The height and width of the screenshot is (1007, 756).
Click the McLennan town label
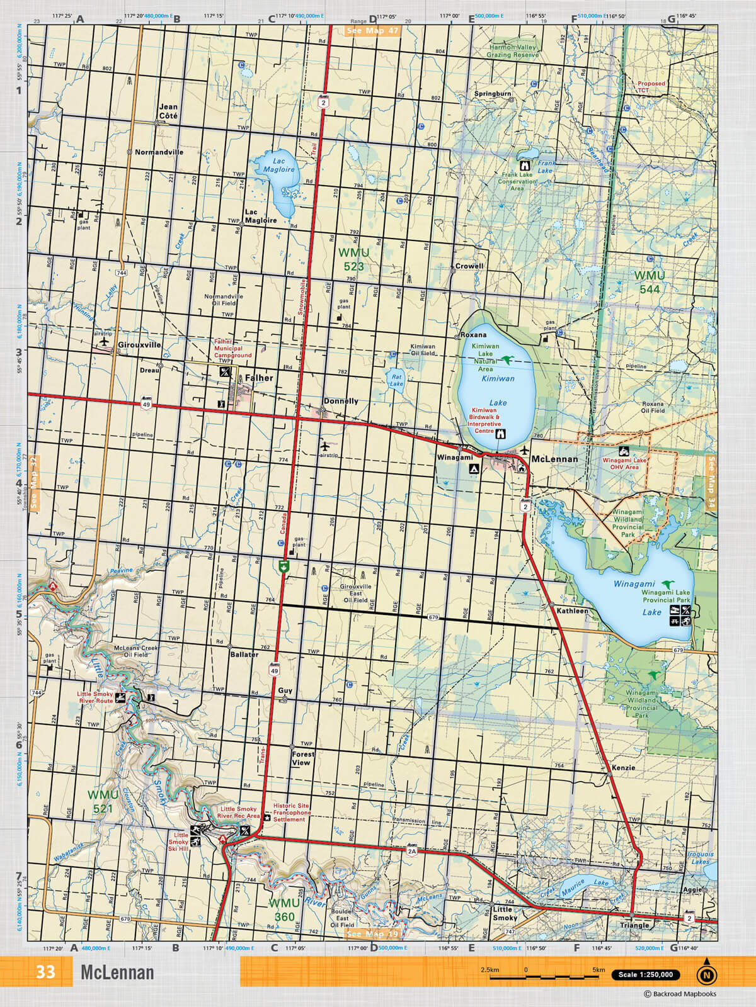click(554, 459)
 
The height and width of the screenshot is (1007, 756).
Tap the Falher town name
click(259, 378)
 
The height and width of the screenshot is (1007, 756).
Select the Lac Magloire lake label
click(278, 166)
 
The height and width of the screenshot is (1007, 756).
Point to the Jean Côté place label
click(168, 111)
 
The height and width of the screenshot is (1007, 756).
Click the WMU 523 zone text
click(353, 259)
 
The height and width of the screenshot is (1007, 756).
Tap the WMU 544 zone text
click(649, 283)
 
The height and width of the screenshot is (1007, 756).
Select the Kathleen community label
click(572, 611)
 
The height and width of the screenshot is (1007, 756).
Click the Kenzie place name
click(623, 768)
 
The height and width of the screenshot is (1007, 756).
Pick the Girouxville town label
click(139, 346)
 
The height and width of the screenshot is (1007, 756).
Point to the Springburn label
click(493, 94)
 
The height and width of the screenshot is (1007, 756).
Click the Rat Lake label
click(396, 380)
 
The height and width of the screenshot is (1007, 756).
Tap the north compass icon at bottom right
click(706, 974)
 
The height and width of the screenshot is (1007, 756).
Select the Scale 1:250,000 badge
click(646, 975)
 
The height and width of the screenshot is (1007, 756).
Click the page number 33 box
click(45, 972)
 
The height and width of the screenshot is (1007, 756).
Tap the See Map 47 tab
click(373, 30)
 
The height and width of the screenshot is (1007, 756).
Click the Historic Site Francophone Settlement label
click(292, 813)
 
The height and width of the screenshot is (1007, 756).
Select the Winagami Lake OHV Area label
click(624, 464)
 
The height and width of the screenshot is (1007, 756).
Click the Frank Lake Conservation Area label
click(517, 181)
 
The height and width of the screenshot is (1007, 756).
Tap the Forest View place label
click(302, 758)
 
